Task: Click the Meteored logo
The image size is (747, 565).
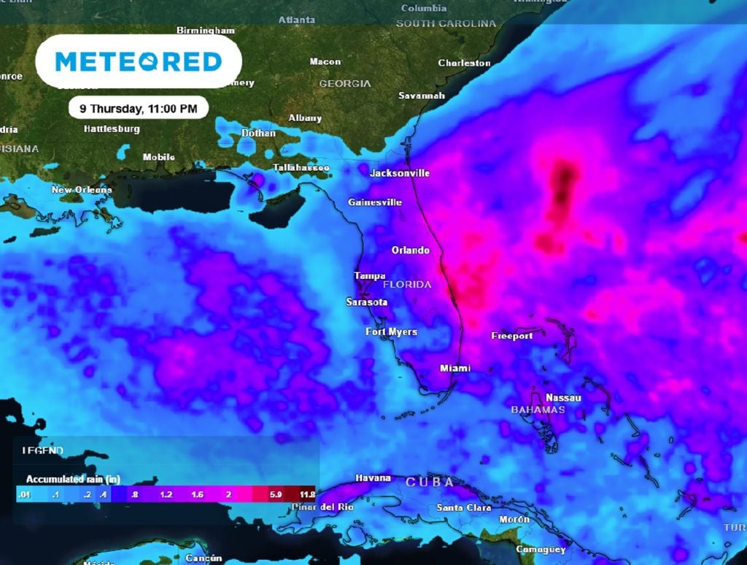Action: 139,61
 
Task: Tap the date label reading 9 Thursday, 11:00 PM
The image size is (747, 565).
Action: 138,108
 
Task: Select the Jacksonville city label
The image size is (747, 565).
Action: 400,174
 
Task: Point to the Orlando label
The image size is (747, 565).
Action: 411,250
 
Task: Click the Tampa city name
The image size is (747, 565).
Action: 370,276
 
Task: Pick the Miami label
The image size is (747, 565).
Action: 455,369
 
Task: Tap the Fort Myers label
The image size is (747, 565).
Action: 392,332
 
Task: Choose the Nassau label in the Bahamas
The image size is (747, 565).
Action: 564,398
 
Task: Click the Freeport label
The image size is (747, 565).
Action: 511,337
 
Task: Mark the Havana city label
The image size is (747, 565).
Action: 373,478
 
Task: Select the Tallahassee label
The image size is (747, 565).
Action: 301,168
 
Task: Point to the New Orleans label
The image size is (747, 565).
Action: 82,190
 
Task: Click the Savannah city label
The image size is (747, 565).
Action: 422,96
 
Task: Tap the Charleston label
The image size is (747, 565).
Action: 464,64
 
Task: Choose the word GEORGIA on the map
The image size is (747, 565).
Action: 345,84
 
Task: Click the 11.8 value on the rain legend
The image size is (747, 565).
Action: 306,494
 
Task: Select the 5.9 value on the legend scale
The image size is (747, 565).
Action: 276,494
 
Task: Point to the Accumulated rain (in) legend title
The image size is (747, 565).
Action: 73,480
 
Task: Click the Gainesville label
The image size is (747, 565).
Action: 375,202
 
